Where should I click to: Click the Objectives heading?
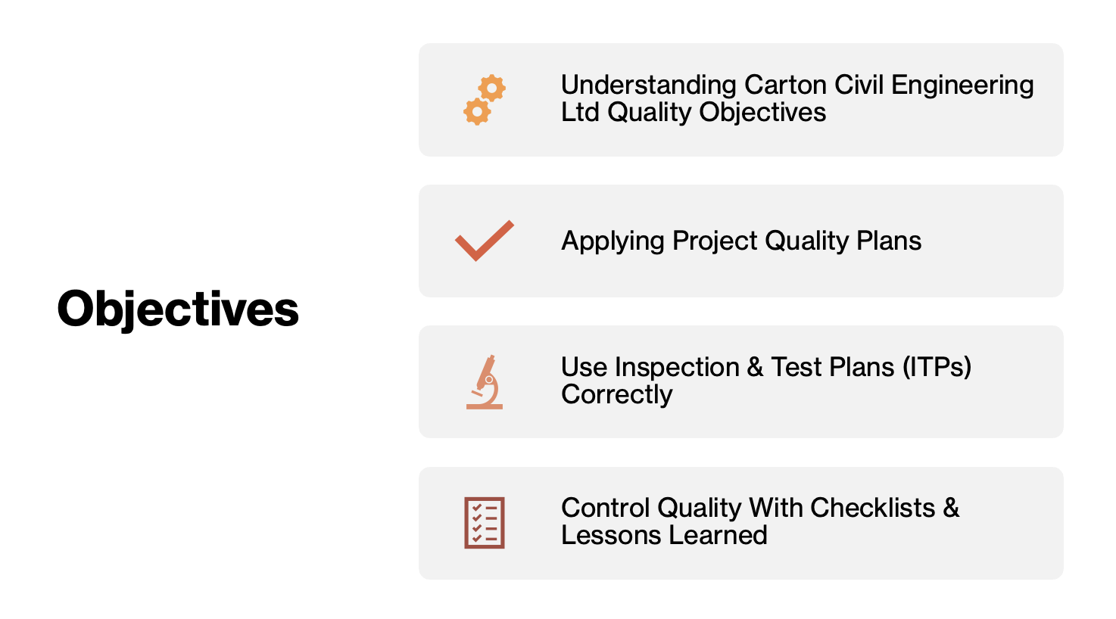pos(178,309)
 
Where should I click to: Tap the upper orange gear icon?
pos(491,89)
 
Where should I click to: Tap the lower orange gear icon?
pos(477,111)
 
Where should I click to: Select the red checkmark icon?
pos(485,241)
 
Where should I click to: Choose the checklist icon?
pos(485,523)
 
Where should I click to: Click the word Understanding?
pos(648,86)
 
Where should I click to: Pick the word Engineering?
pos(962,86)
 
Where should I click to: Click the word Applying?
pos(613,241)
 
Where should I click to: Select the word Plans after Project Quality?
pos(889,241)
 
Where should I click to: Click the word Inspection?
pos(677,368)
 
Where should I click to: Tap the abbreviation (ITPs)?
pos(937,368)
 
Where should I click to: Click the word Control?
pos(606,509)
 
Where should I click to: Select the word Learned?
pos(718,536)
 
